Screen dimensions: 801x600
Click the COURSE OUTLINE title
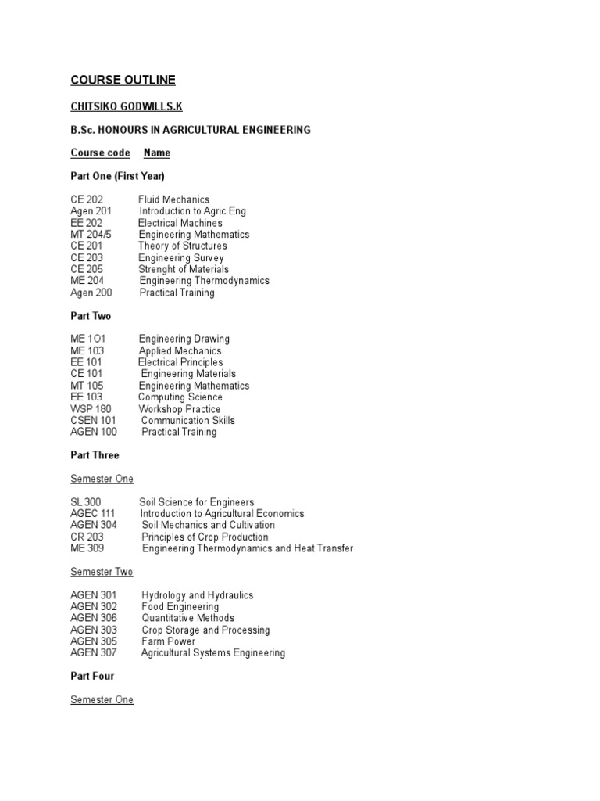(123, 80)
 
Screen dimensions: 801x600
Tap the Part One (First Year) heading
(117, 176)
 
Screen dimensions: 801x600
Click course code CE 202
(87, 199)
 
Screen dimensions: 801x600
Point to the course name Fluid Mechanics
(173, 199)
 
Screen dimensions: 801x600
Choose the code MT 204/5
(91, 235)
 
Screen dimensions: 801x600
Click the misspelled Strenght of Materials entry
(184, 269)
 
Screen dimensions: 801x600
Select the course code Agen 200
(91, 293)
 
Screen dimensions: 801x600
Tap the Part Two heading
(91, 316)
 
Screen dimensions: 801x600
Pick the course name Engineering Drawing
(184, 339)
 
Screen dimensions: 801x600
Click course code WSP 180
(91, 409)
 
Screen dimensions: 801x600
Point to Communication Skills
(188, 420)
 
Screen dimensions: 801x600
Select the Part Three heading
(95, 455)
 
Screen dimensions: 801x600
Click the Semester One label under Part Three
(102, 479)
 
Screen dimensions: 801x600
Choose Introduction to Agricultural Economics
(223, 514)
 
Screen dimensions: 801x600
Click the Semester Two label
(102, 572)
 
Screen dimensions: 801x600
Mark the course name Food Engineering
(180, 607)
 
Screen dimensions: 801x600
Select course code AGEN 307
(94, 653)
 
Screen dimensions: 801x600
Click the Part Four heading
(92, 676)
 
